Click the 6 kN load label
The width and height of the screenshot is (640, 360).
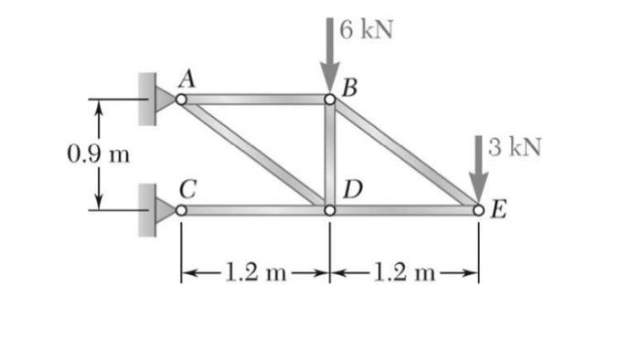pos(366,28)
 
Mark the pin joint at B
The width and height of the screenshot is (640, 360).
pos(329,100)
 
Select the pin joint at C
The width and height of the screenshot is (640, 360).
pos(181,211)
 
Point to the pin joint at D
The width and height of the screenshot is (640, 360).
pos(329,211)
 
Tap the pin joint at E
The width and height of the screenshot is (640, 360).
pos(478,211)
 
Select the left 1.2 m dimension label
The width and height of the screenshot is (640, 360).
pos(254,271)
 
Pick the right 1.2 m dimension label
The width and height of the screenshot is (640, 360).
pos(403,271)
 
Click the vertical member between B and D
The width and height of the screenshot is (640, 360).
pos(329,155)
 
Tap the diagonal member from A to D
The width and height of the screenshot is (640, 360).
pos(255,155)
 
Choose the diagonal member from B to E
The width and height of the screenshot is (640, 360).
pos(404,155)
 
